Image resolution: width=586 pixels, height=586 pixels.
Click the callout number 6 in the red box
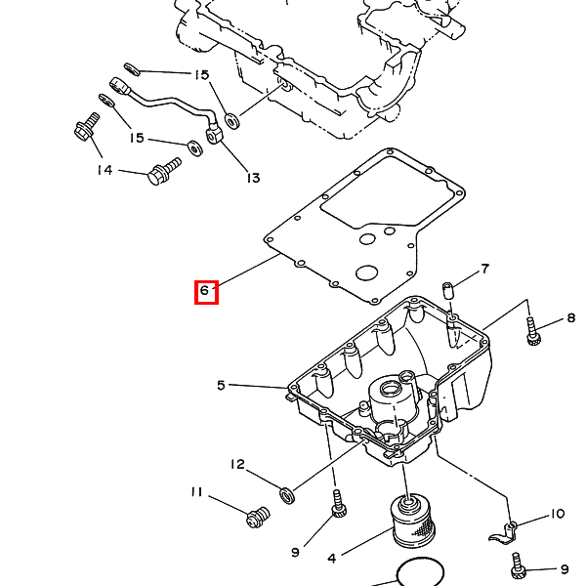click(x=204, y=290)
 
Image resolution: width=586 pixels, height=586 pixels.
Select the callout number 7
click(x=484, y=269)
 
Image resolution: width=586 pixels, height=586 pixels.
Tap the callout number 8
click(x=571, y=317)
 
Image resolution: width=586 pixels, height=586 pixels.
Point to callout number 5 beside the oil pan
click(x=221, y=386)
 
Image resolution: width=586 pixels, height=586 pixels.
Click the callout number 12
click(x=237, y=465)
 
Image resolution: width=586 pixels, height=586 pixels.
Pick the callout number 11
click(x=196, y=492)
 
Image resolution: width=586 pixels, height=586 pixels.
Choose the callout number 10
click(x=558, y=515)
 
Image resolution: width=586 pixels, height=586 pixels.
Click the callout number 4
click(x=332, y=559)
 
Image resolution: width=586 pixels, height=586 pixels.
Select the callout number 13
click(x=253, y=178)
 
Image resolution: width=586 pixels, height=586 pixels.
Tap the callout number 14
click(x=105, y=170)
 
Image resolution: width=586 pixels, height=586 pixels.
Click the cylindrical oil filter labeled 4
click(x=413, y=521)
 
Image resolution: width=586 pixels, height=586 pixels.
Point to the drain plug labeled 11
click(x=258, y=517)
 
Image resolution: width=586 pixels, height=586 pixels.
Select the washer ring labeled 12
click(x=287, y=496)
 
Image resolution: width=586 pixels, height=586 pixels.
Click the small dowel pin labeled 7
click(x=447, y=291)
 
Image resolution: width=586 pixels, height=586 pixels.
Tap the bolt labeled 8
click(x=533, y=331)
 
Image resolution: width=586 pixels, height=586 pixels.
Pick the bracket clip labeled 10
click(x=505, y=533)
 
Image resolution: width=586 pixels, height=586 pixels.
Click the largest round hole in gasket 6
click(x=366, y=272)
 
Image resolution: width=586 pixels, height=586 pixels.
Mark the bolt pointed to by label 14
click(x=164, y=171)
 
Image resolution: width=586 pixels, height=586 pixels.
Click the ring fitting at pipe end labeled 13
click(x=213, y=135)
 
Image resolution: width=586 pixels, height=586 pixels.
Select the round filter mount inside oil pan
click(x=391, y=390)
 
